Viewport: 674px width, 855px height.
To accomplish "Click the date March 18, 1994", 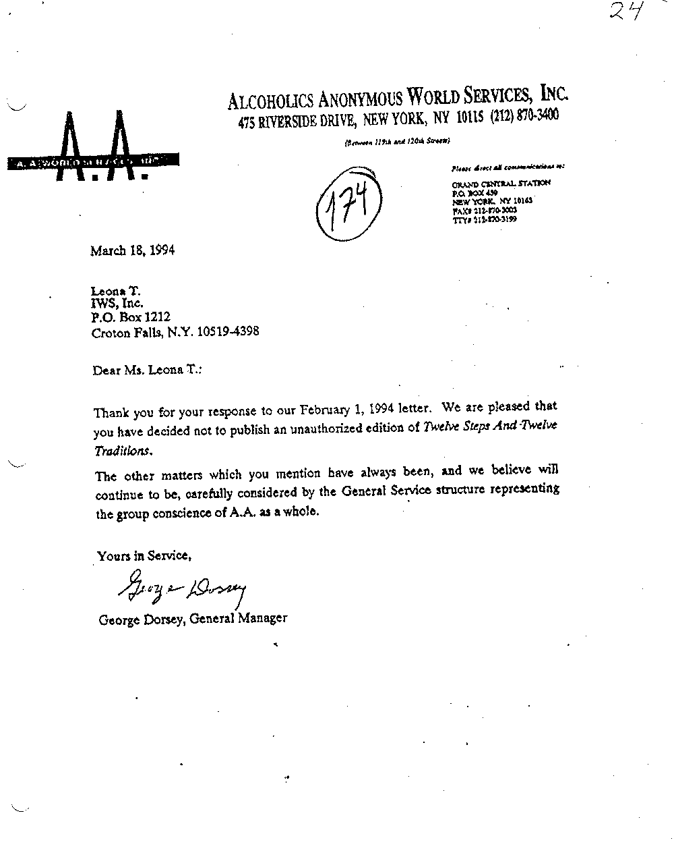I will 133,250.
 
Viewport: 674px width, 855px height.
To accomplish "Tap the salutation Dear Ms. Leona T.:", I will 147,370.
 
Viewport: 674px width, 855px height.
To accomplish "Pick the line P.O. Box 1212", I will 131,317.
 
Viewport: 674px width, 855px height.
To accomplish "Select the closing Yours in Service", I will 144,556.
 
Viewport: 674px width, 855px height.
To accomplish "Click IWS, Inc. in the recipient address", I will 117,304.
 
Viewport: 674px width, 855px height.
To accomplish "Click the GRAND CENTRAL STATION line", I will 500,183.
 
